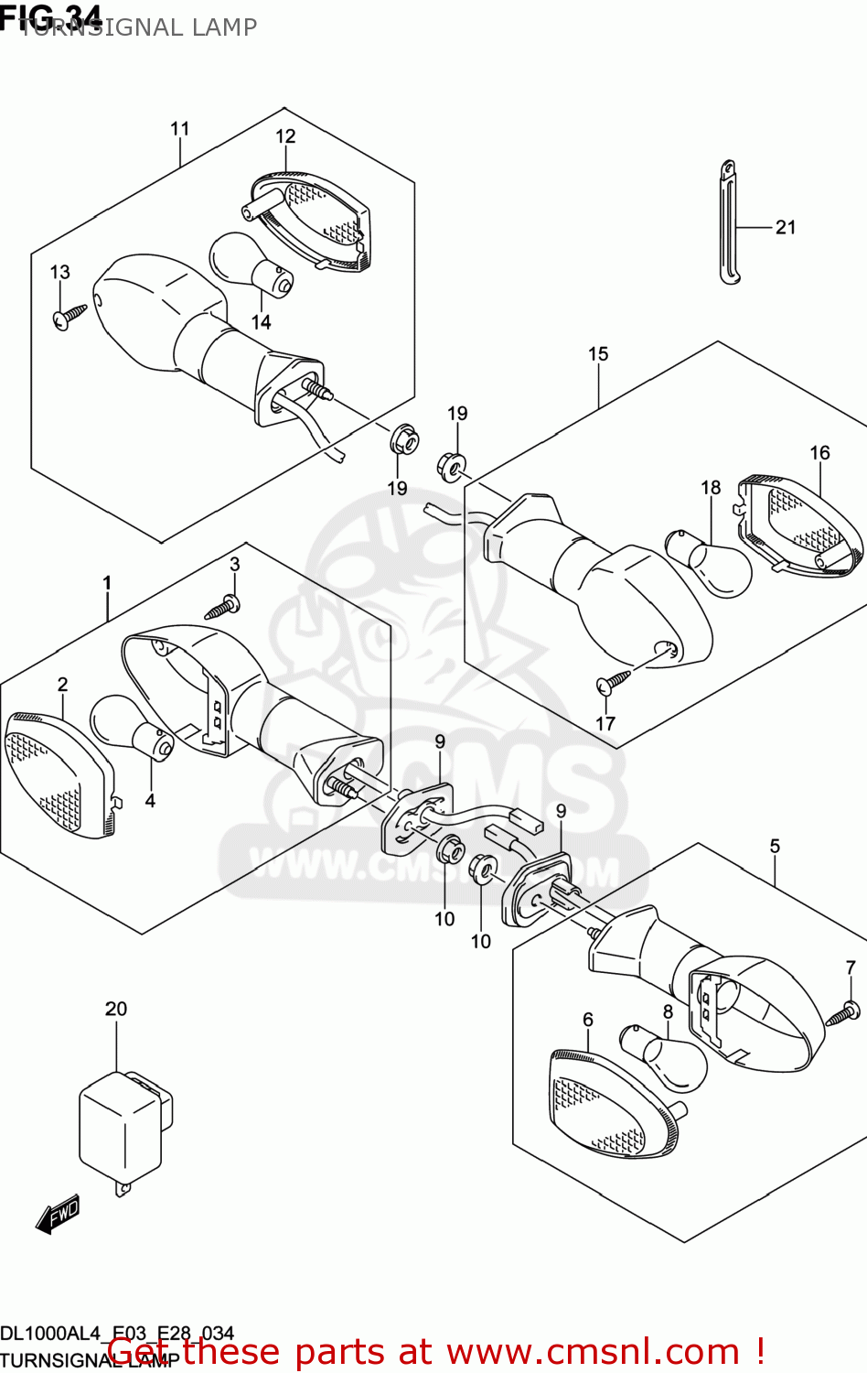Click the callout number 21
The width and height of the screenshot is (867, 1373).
[x=786, y=227]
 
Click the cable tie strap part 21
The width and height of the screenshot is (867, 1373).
[x=728, y=224]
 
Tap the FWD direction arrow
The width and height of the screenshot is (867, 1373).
[x=59, y=1215]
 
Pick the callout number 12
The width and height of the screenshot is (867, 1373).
[x=285, y=136]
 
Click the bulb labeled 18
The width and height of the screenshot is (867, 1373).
[x=710, y=560]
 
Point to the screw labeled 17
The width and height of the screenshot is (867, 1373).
[x=612, y=681]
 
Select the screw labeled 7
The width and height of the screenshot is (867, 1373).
[x=842, y=1013]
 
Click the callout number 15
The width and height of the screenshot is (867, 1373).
[x=598, y=353]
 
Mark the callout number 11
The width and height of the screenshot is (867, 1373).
[x=179, y=128]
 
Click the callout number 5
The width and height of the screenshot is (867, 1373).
[x=775, y=846]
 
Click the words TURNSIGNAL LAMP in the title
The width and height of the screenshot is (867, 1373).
[x=137, y=27]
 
